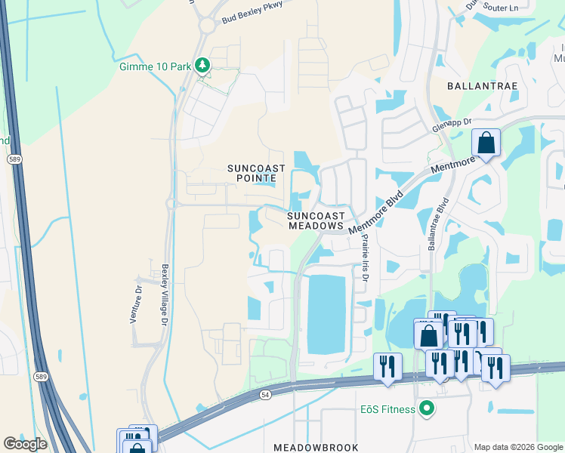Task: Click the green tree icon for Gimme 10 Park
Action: [202, 66]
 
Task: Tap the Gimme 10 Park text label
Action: [155, 66]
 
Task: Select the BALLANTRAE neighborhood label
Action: [483, 86]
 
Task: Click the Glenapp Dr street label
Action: [452, 125]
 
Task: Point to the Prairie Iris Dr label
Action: [364, 257]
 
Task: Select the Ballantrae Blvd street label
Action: [439, 224]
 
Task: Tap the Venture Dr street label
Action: [137, 304]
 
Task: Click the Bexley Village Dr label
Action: [164, 295]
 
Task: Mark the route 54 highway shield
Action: [265, 395]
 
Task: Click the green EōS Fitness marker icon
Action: [427, 409]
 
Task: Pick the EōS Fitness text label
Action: [387, 409]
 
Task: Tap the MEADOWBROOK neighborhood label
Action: [316, 447]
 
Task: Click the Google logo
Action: [25, 444]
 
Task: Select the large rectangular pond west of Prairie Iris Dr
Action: [326, 313]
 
